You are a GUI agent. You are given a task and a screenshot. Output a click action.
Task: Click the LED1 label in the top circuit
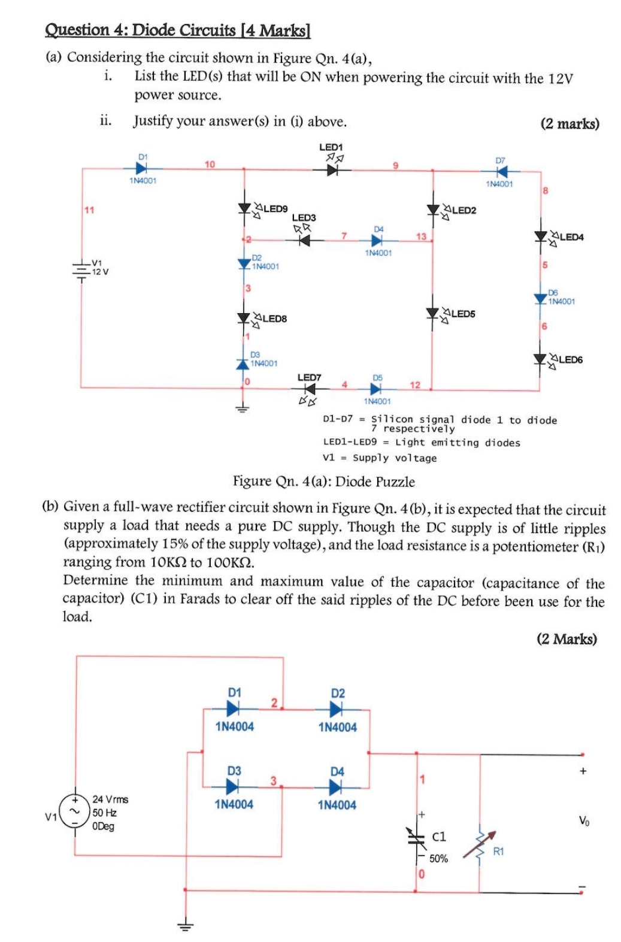pyautogui.click(x=331, y=147)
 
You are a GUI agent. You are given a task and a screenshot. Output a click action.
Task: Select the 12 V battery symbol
pyautogui.click(x=81, y=271)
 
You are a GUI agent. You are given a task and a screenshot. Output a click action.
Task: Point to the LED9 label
pyautogui.click(x=275, y=209)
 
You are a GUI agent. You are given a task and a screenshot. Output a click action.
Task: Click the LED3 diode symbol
pyautogui.click(x=304, y=240)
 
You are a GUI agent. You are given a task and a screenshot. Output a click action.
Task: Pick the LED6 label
pyautogui.click(x=570, y=359)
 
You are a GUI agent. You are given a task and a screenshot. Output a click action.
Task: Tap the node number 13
pyautogui.click(x=421, y=236)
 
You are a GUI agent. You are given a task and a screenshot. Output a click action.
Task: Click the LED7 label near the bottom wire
pyautogui.click(x=309, y=377)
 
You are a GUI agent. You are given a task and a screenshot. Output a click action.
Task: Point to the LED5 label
pyautogui.click(x=463, y=314)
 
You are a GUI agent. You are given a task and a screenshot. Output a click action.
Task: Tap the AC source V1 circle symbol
pyautogui.click(x=75, y=812)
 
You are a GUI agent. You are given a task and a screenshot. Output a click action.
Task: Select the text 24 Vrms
pyautogui.click(x=110, y=799)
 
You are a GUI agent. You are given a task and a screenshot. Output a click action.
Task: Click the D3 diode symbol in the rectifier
pyautogui.click(x=234, y=786)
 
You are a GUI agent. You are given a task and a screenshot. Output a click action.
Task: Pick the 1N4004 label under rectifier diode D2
pyautogui.click(x=338, y=727)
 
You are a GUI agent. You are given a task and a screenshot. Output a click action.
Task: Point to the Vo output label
pyautogui.click(x=583, y=821)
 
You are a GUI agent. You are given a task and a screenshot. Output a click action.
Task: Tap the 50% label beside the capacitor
pyautogui.click(x=438, y=859)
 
